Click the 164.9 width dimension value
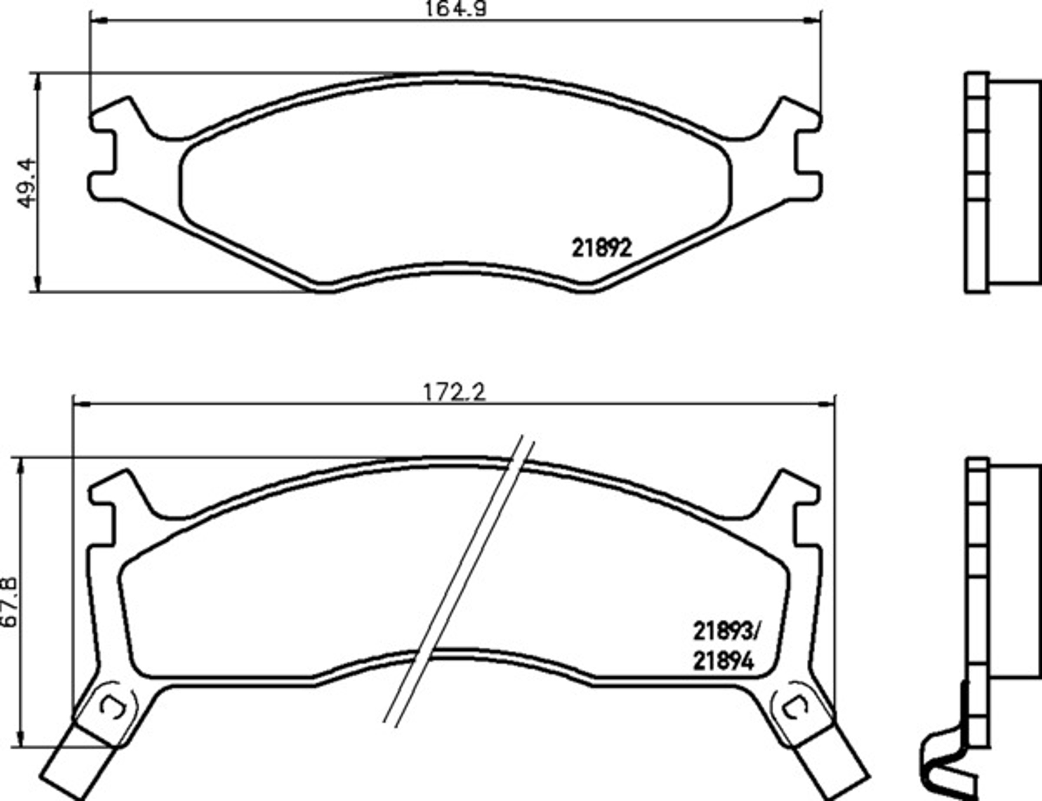click(x=455, y=8)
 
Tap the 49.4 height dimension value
click(x=26, y=182)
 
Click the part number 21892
click(x=602, y=248)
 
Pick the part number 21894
click(x=724, y=661)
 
